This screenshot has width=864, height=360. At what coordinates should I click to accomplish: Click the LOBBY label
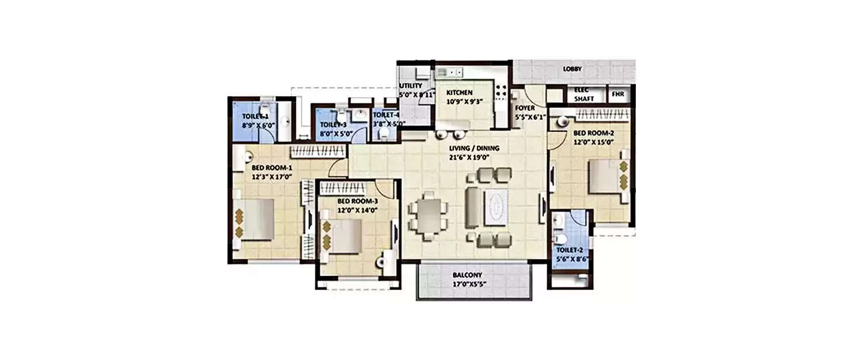(573, 69)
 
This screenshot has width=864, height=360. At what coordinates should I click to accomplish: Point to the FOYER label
(525, 108)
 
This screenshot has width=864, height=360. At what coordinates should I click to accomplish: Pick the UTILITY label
(411, 86)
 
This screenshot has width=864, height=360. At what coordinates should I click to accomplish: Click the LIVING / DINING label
(475, 148)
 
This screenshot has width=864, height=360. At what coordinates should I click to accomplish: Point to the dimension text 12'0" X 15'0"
(593, 141)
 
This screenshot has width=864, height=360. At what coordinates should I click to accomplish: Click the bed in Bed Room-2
(604, 176)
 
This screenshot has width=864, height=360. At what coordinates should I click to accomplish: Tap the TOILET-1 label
(255, 116)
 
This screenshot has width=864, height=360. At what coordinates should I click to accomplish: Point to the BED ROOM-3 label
(358, 201)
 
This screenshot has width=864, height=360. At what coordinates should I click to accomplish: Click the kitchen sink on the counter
(449, 73)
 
